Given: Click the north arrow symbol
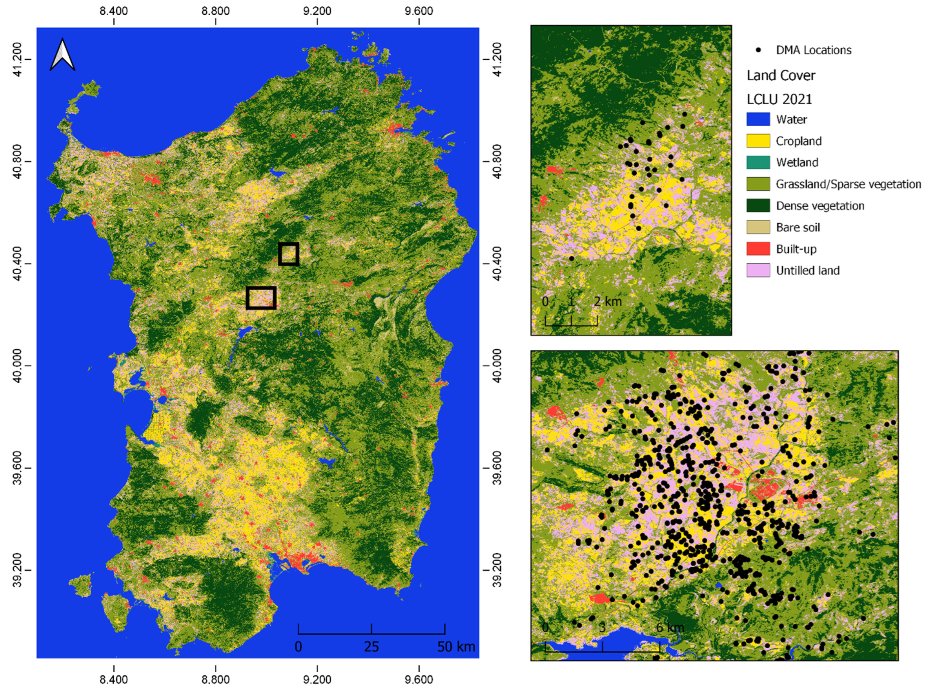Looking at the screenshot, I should click(62, 55).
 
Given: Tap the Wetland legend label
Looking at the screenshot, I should click(796, 162).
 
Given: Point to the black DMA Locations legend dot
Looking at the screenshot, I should click(758, 50).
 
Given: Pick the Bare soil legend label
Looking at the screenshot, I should click(798, 227).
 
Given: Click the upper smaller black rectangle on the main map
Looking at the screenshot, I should click(289, 254).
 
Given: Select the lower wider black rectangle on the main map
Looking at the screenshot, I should click(261, 298).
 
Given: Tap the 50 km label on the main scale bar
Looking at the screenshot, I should click(456, 647).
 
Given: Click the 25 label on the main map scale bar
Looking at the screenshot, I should click(371, 647).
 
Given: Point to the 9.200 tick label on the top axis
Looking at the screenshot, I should click(317, 10).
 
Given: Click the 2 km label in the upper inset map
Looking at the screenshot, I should click(608, 301).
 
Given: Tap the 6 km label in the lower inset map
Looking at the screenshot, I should click(670, 627).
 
